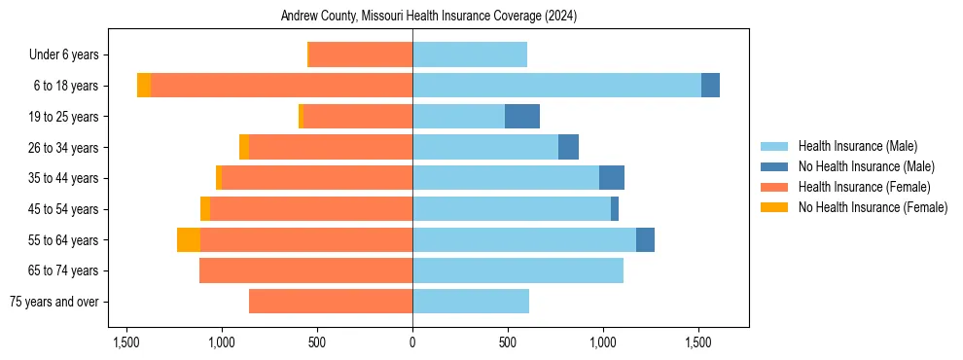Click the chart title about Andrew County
(429, 17)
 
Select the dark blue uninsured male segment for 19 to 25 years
(522, 117)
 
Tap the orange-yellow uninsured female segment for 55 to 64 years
(189, 240)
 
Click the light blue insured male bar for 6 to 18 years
(556, 86)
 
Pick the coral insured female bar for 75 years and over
(331, 302)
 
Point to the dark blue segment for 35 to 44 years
(612, 178)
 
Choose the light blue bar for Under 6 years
(470, 54)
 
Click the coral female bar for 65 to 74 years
(305, 270)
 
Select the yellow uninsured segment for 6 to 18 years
(144, 86)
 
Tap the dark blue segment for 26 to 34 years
(568, 147)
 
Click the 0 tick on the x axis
(412, 342)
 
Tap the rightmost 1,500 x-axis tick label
(699, 342)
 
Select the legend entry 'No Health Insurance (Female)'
(873, 207)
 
